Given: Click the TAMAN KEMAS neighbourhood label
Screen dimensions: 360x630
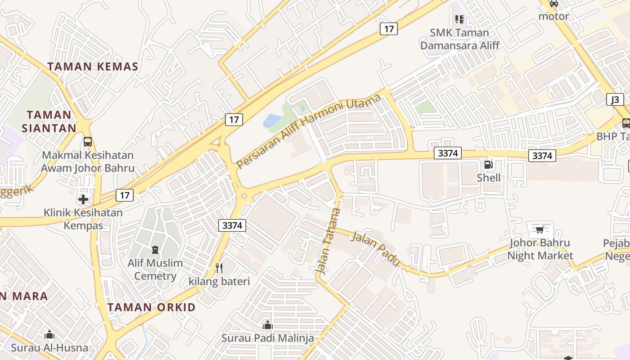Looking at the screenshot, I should click(x=93, y=67).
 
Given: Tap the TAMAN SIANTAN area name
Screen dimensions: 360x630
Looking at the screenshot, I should click(x=49, y=121).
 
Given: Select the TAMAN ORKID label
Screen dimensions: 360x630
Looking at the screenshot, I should click(x=152, y=307).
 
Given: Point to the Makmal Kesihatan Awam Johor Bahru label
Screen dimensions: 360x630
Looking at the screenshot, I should click(x=88, y=162).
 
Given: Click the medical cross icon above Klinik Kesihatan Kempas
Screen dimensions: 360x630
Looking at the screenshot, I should click(x=83, y=199).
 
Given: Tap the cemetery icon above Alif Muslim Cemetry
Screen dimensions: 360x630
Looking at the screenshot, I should click(x=155, y=249).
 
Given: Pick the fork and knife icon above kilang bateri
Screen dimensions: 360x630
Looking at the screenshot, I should click(x=219, y=268).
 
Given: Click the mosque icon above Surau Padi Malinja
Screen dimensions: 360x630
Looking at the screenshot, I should click(x=268, y=324).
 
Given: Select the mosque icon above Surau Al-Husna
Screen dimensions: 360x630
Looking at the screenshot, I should click(x=49, y=334).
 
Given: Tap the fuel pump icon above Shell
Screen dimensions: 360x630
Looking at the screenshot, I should click(x=489, y=165).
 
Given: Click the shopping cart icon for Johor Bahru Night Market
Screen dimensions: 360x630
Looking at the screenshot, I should click(x=540, y=229).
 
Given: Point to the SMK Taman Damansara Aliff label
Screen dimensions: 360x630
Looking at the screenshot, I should click(x=459, y=39).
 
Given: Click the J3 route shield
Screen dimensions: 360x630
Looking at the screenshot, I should click(x=615, y=99).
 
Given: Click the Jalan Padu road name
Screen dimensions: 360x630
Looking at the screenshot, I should click(x=375, y=248).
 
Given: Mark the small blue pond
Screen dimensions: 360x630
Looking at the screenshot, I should click(x=272, y=120).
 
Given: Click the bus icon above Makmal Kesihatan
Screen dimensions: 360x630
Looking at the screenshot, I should click(x=88, y=142).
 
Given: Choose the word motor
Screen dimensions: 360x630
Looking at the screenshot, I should click(x=554, y=17).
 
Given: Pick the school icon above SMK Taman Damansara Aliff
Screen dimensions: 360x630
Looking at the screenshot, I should click(x=459, y=19).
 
